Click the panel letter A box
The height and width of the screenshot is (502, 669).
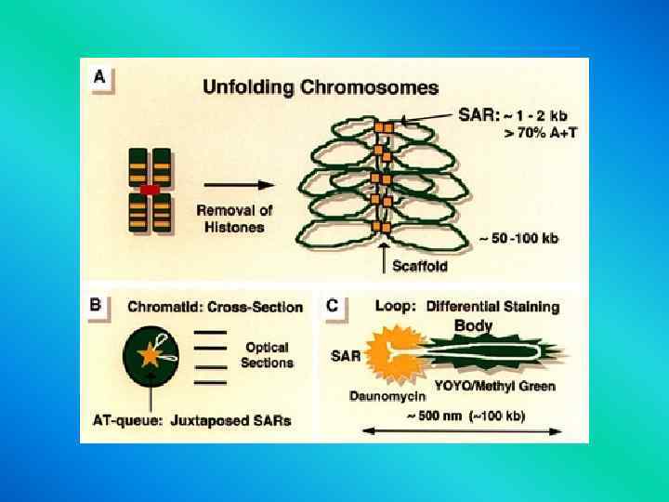[x=98, y=77]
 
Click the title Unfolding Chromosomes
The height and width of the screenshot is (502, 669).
[x=321, y=88]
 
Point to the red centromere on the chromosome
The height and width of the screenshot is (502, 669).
[x=150, y=190]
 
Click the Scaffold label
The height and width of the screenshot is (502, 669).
[x=419, y=266]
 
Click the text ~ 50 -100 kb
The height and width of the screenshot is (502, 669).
[x=518, y=239]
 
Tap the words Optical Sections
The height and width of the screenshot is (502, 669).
[x=268, y=355]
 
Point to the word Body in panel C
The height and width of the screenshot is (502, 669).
[x=473, y=325]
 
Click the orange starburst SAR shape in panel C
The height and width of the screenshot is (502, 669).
[x=389, y=354]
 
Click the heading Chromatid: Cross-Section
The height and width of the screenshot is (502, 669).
[x=215, y=307]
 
